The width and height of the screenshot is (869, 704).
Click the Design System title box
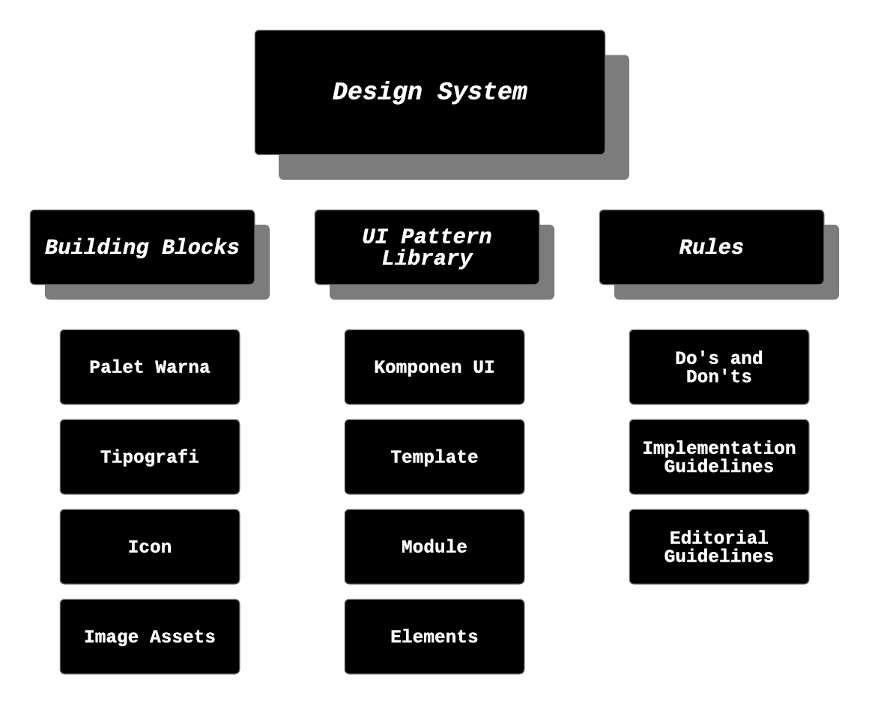click(x=429, y=92)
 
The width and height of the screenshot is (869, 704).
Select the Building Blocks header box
click(x=142, y=247)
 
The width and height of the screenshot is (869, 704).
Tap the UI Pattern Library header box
click(x=427, y=247)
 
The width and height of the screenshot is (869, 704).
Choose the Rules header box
click(x=712, y=247)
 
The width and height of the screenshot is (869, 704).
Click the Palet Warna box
click(x=150, y=367)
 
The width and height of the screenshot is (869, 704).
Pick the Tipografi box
click(x=150, y=457)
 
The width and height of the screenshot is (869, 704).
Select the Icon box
click(x=150, y=547)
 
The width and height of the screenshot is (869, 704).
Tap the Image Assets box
click(x=150, y=637)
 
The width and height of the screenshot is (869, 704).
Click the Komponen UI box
click(x=434, y=367)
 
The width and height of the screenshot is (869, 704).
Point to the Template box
click(x=434, y=457)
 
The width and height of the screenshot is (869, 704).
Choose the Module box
click(x=434, y=547)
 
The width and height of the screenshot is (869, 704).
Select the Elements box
click(x=434, y=637)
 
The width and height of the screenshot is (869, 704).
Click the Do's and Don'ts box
click(x=719, y=367)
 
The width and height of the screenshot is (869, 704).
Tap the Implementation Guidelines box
click(x=719, y=457)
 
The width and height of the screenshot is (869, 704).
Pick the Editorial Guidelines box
click(x=719, y=547)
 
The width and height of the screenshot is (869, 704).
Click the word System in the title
click(x=482, y=92)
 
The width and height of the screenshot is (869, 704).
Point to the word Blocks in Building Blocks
click(x=201, y=247)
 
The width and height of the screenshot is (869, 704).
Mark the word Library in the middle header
click(x=427, y=258)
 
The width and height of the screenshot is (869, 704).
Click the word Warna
click(x=183, y=367)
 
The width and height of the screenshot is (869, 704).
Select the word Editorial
click(x=719, y=538)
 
